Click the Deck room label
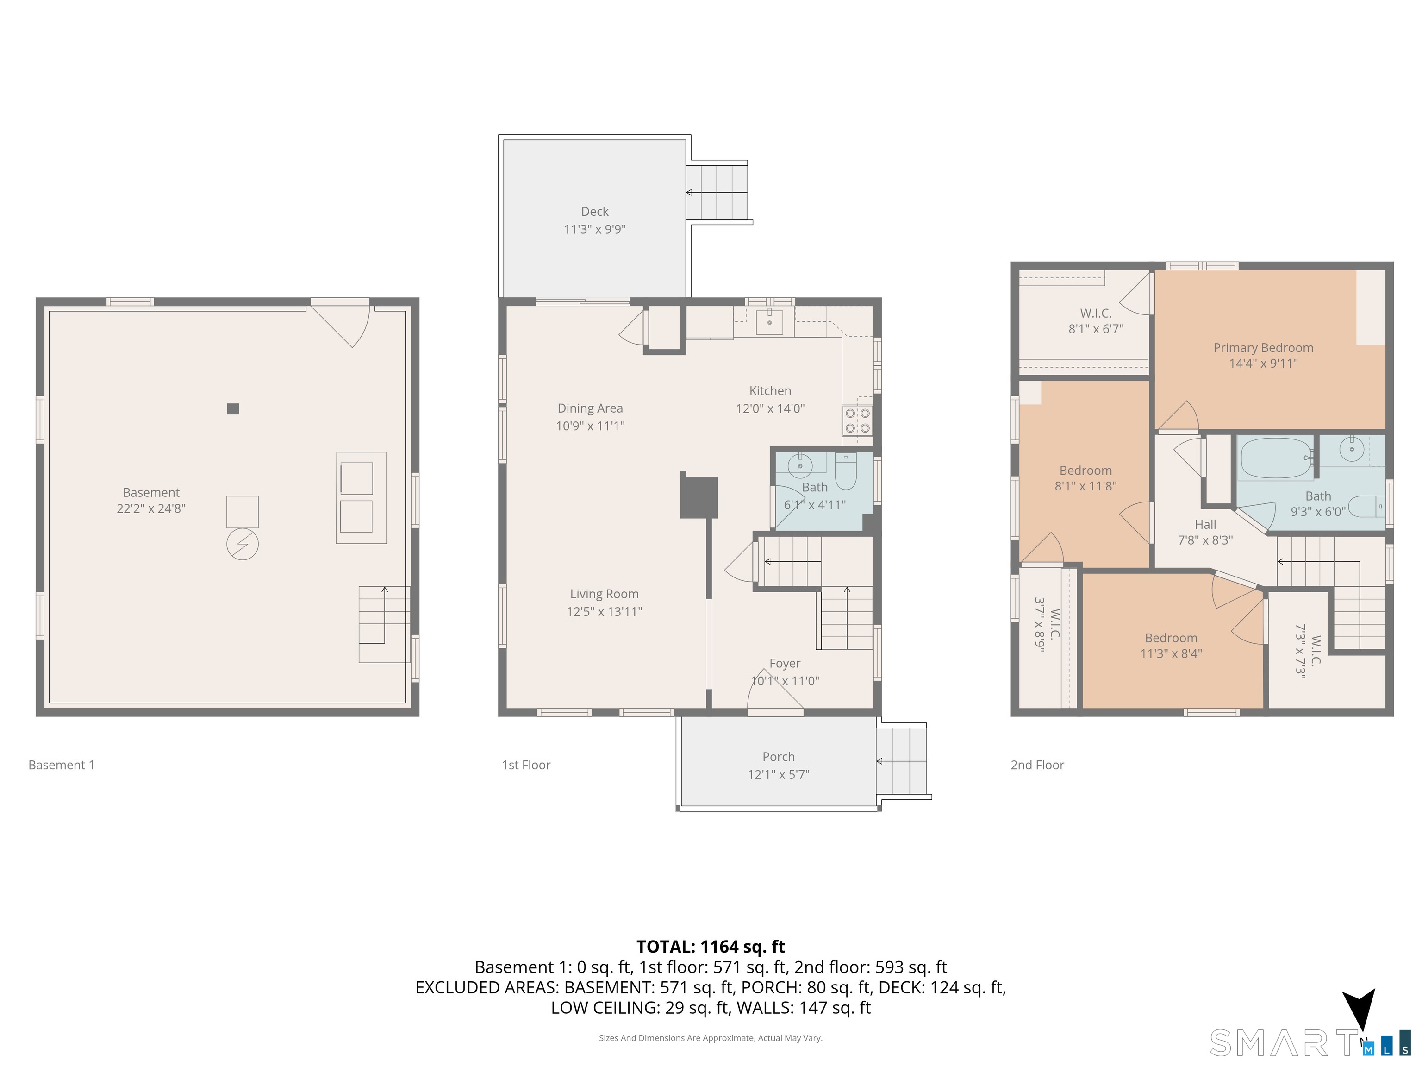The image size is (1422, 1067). pos(595,212)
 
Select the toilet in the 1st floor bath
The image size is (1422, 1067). pos(845,471)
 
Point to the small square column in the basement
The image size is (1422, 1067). pos(233,408)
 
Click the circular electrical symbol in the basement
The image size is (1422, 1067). pos(243,545)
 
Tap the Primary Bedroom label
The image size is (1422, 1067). pos(1263,348)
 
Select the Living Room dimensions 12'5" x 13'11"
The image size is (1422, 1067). pos(604,612)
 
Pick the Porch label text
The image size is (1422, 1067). pos(779,757)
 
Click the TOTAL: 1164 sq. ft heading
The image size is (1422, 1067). pos(711,947)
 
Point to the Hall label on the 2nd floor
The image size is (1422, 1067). pos(1205,525)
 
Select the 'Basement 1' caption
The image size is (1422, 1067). pos(61,765)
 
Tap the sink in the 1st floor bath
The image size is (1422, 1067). pos(800,464)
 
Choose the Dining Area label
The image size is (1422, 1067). pos(590,408)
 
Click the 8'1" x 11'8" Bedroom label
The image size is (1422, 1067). pos(1086,478)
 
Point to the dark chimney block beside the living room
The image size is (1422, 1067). pos(699,497)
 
